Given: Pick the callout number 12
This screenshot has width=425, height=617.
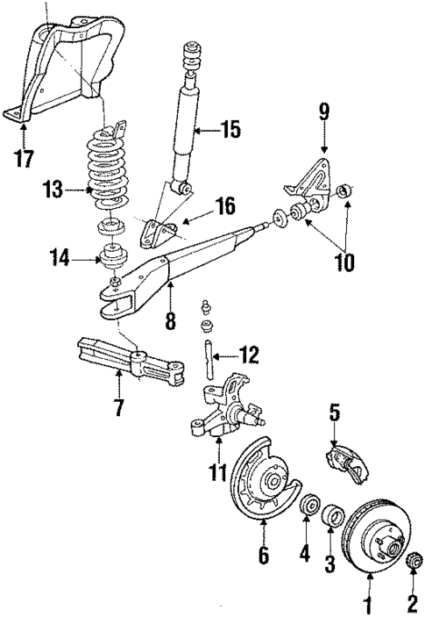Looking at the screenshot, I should coord(249,355).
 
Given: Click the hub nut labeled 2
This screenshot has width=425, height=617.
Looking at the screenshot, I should coord(412,559).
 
